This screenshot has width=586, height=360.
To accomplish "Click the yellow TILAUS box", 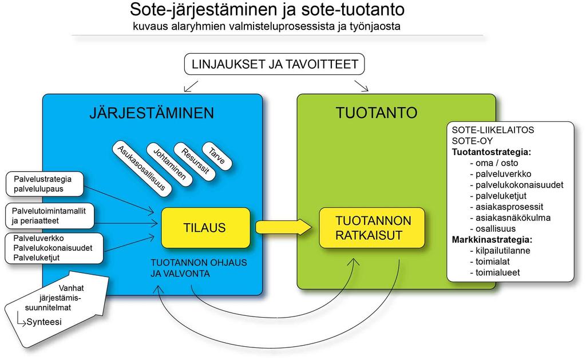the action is tap(205, 228).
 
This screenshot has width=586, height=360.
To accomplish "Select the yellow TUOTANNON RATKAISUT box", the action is tap(372, 228).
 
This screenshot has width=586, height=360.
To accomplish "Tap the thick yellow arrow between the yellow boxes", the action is tap(284, 227).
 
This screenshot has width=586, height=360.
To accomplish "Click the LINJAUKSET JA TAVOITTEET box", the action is tap(274, 64).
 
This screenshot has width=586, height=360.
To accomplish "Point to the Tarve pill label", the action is tap(217, 156).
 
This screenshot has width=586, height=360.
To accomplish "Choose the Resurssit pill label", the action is tap(195, 161).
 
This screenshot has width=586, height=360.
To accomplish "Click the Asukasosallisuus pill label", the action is tap(142, 169).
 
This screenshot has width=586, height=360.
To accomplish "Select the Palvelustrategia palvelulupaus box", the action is tap(45, 184).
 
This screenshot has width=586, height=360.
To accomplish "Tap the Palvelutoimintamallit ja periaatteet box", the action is tap(50, 216).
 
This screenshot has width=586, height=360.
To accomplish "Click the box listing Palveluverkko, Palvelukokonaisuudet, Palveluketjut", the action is tap(54, 248).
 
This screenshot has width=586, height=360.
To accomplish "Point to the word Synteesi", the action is tap(44, 322).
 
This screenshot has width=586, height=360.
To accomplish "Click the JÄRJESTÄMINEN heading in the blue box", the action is tap(152, 113).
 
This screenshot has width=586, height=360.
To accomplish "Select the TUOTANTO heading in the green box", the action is tap(377, 113).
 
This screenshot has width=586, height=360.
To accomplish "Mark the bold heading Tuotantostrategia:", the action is tap(491, 152).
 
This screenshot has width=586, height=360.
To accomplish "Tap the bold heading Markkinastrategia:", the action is tap(492, 240).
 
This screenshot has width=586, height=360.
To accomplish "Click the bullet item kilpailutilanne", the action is tap(500, 251).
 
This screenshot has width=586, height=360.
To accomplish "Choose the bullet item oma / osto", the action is tap(494, 163).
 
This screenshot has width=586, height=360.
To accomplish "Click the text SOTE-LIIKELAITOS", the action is tap(493, 130).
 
